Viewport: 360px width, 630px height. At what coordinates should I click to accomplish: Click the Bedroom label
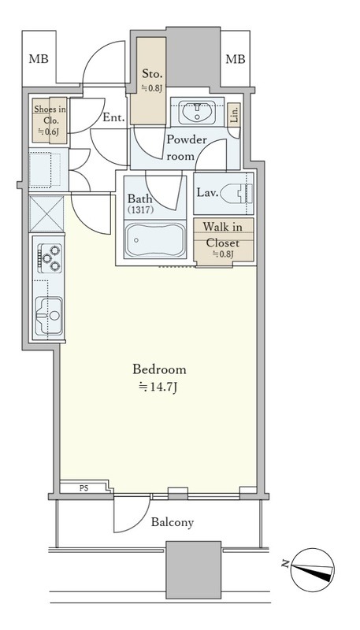click(x=159, y=369)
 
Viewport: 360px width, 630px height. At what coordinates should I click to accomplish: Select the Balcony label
click(x=173, y=522)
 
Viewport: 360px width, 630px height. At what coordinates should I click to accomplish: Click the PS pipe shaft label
click(x=84, y=488)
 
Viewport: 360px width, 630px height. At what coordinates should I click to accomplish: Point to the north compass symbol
click(x=313, y=569)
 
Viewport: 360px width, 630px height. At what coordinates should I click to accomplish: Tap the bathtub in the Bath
click(x=154, y=240)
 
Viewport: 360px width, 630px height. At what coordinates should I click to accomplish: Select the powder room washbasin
click(x=197, y=111)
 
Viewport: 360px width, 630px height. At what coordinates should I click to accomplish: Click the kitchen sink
click(x=49, y=316)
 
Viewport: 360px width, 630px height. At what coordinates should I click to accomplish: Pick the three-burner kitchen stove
click(x=50, y=258)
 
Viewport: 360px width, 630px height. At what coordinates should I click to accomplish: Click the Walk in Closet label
click(x=223, y=234)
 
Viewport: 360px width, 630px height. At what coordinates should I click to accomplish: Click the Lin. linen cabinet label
click(x=234, y=115)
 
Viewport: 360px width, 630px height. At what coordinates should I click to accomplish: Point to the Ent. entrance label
click(x=113, y=117)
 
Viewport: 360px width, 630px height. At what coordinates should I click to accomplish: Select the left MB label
click(x=39, y=59)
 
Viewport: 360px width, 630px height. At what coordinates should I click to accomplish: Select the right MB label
click(x=235, y=59)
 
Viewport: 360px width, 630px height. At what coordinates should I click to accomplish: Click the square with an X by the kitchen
click(x=46, y=213)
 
